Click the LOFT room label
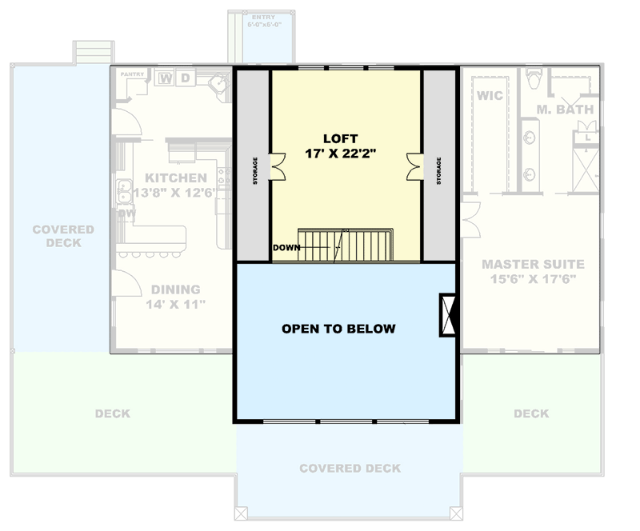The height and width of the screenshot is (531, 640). (x=346, y=138)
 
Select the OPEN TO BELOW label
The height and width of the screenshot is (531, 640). (x=338, y=329)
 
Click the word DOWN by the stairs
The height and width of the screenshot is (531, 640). (x=286, y=247)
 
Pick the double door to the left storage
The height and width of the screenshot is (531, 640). (x=278, y=165)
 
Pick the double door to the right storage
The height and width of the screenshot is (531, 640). (x=415, y=165)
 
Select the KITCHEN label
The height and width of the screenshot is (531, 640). (x=176, y=178)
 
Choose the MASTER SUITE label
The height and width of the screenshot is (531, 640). (x=533, y=264)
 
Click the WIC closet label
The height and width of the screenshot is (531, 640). (x=489, y=95)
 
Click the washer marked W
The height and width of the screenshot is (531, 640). (x=166, y=78)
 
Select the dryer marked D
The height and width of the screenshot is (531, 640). (x=185, y=78)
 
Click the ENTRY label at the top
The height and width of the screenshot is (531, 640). (x=264, y=17)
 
